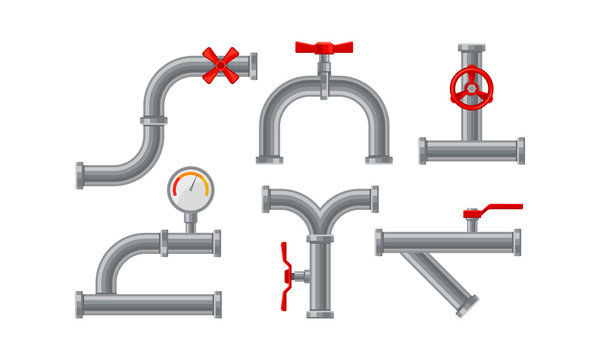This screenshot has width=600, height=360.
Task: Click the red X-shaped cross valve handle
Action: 221,64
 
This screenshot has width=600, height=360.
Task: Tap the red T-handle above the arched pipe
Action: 324,47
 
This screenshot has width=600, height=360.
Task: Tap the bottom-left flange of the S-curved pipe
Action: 80,175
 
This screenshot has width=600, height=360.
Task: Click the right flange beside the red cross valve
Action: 253,66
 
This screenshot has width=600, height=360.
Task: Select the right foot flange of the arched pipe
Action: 378,158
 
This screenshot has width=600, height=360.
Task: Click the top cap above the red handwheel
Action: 471,46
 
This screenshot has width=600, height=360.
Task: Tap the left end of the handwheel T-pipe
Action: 423,151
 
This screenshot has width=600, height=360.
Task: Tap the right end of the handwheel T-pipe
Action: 520,151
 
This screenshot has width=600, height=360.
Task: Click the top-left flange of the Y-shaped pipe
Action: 266,199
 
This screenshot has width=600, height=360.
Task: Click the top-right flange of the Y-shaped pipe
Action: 375,199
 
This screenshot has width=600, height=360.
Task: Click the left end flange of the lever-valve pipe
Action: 380,242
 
